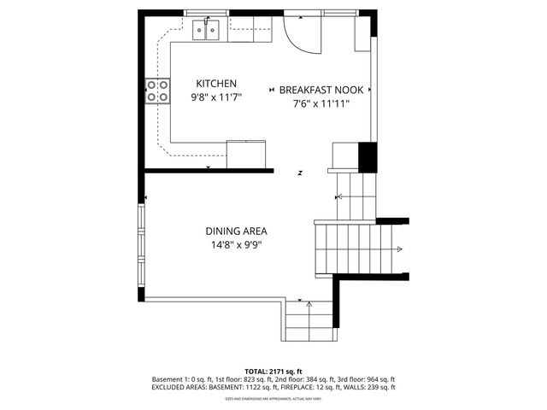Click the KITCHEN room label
pyautogui.click(x=216, y=84)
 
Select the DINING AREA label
pyautogui.click(x=236, y=231)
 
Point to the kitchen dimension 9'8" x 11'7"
pyautogui.click(x=216, y=97)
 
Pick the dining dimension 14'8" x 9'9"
pyautogui.click(x=236, y=245)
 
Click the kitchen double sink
pyautogui.click(x=208, y=31)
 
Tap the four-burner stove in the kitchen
pyautogui.click(x=156, y=91)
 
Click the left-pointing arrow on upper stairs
pyautogui.click(x=341, y=197)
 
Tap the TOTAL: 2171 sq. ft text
pyautogui.click(x=273, y=371)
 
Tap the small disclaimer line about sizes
pyautogui.click(x=273, y=398)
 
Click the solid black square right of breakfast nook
pyautogui.click(x=367, y=156)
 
